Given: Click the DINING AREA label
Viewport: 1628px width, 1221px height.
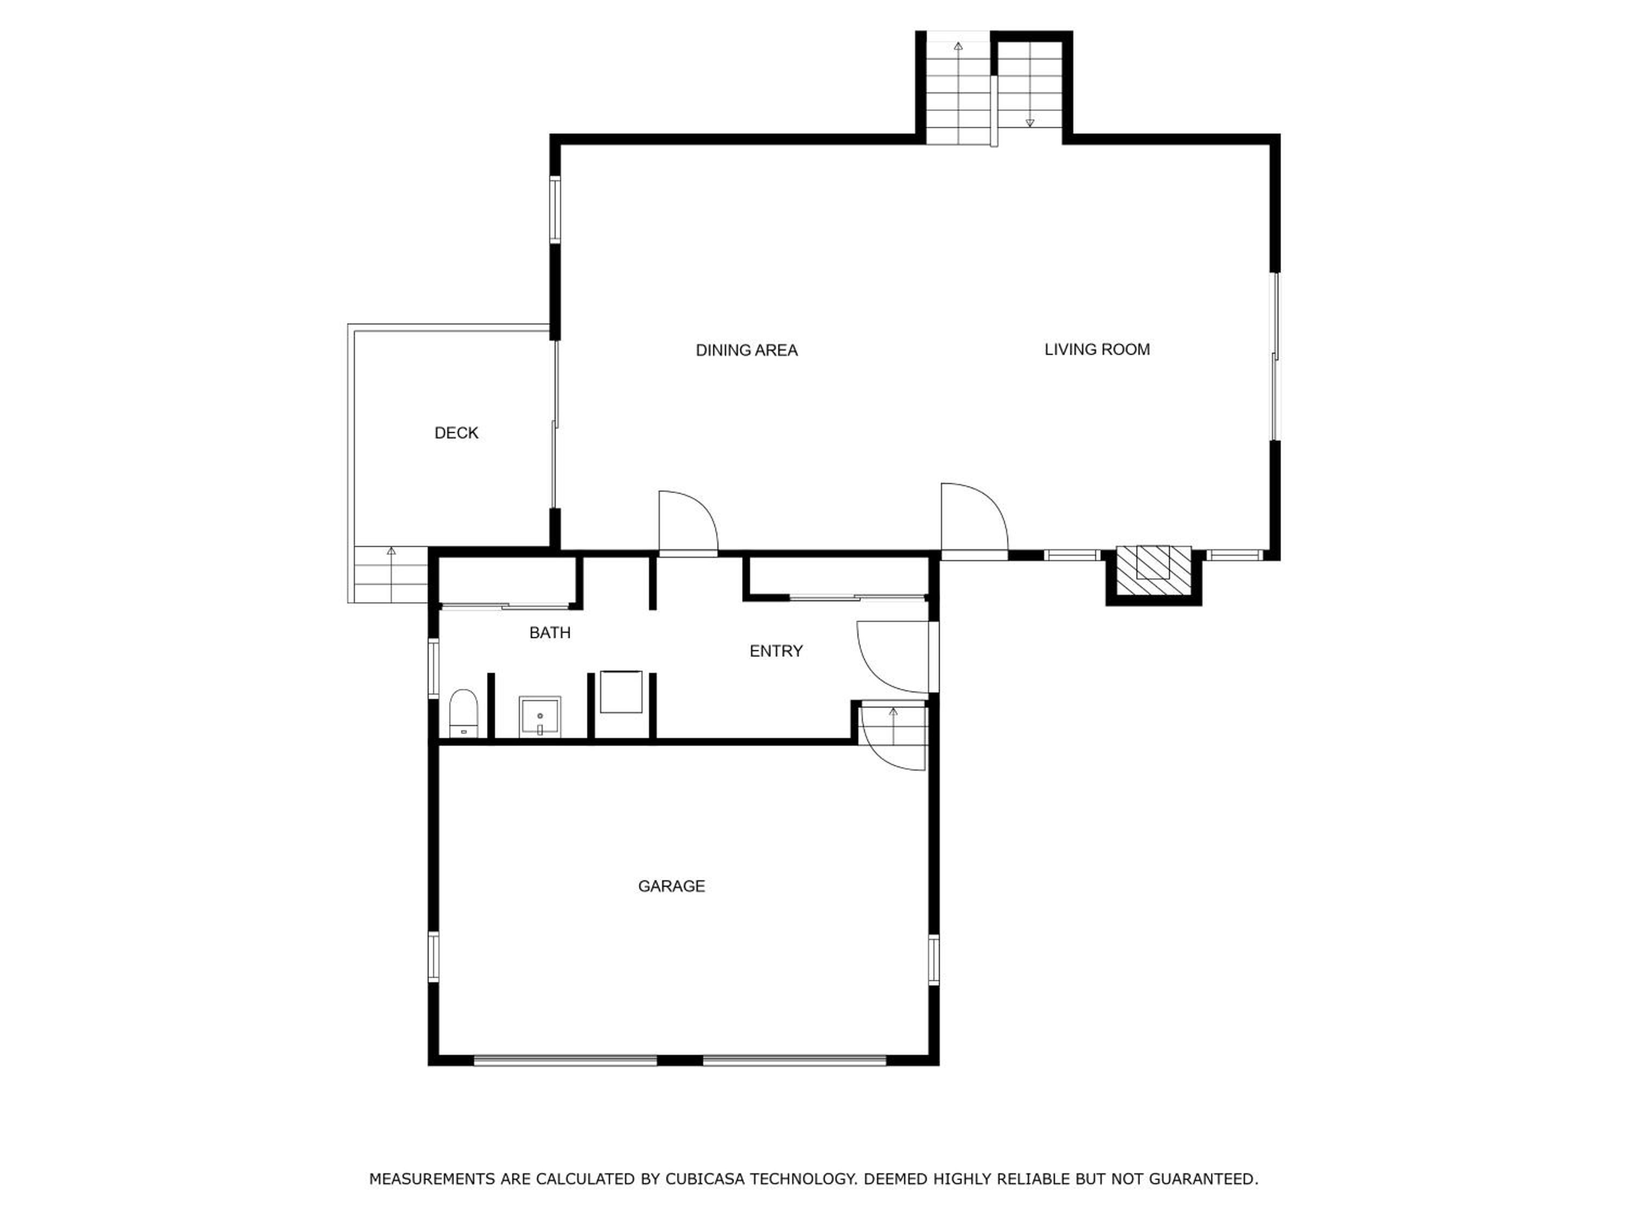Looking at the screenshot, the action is [746, 351].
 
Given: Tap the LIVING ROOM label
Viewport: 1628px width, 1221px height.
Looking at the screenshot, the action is [1097, 349].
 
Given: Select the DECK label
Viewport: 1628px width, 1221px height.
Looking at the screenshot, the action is [456, 433].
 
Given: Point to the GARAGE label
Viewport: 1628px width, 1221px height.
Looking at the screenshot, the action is [671, 886].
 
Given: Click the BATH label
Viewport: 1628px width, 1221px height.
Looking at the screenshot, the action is [550, 632].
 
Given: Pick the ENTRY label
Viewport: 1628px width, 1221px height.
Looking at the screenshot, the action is [775, 651].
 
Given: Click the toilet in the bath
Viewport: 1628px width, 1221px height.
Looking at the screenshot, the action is [463, 713].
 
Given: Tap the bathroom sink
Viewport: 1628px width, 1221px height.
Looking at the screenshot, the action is [539, 717].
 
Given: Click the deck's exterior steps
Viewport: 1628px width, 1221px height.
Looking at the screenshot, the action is [391, 574].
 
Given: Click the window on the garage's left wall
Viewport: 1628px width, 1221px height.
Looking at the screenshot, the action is [434, 956].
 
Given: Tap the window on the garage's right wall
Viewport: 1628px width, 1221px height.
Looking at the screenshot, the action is [933, 959].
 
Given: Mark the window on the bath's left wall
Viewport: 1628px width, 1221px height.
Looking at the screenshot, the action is [434, 668].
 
